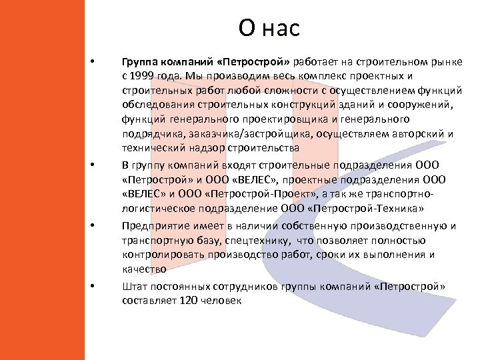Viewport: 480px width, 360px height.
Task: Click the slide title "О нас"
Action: (x=269, y=28)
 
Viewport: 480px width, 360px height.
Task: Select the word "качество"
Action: (x=143, y=269)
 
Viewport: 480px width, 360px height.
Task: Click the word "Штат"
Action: (x=134, y=286)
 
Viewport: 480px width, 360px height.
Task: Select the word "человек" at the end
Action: (x=222, y=301)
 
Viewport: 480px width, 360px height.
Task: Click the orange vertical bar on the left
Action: (x=42, y=180)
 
